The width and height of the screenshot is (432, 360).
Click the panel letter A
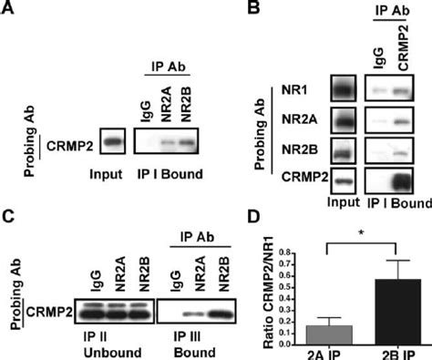pyautogui.click(x=12, y=11)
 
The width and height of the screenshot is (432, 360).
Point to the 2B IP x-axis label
pyautogui.click(x=393, y=351)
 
